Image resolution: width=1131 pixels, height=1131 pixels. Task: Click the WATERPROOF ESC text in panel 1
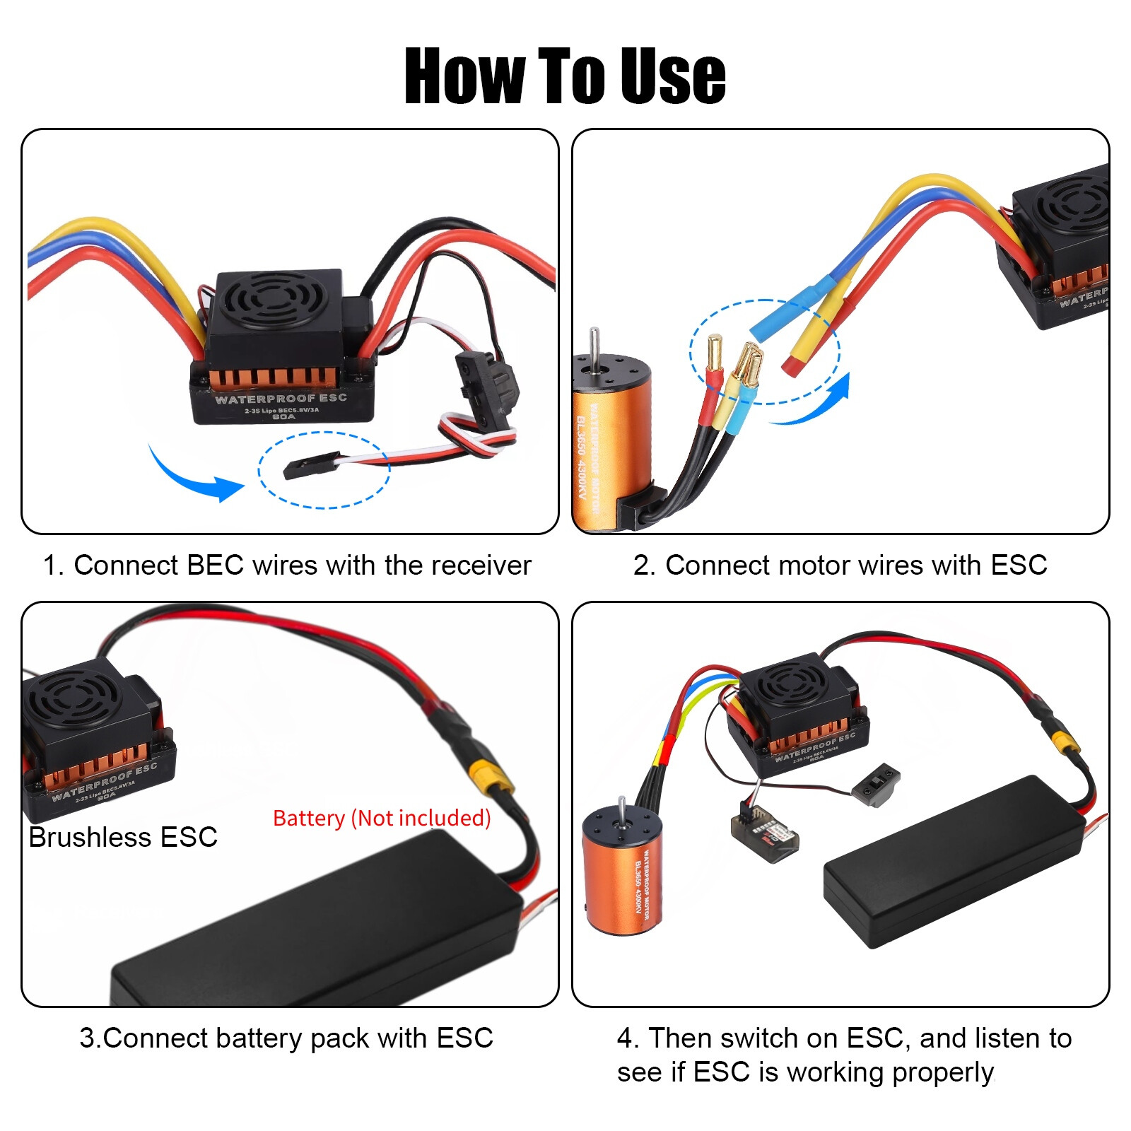281,399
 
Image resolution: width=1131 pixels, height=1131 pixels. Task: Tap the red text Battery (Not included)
382,818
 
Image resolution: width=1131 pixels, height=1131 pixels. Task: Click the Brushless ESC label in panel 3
123,837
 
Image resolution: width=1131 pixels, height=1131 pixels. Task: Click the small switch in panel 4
876,783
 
